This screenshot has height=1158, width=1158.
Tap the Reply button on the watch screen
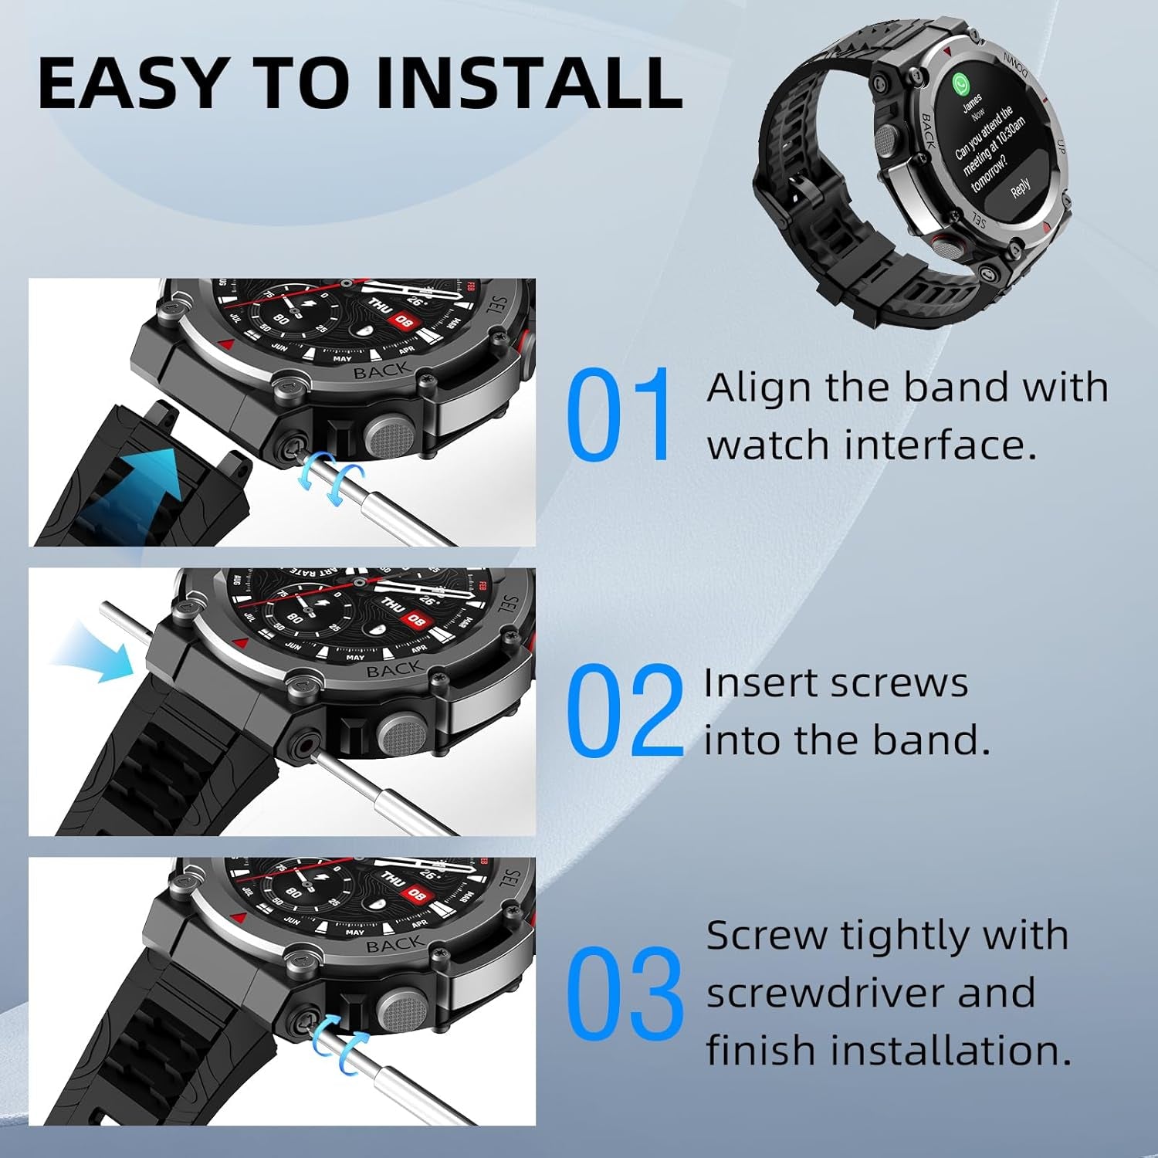point(1020,186)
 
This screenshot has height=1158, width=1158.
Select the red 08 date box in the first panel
point(404,320)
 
